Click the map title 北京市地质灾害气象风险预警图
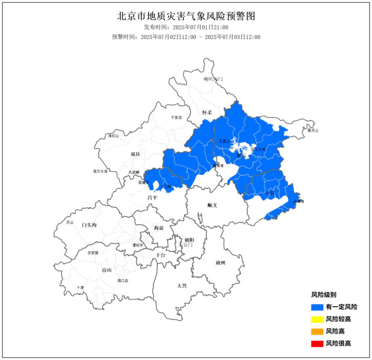click(186, 16)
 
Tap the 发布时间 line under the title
click(186, 27)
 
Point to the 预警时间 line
click(186, 37)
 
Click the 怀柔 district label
click(207, 112)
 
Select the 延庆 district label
click(135, 154)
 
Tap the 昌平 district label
click(152, 198)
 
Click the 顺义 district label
click(212, 205)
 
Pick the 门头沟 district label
click(89, 225)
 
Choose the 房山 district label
click(107, 270)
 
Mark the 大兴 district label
click(182, 286)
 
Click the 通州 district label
click(220, 263)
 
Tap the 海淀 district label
click(159, 228)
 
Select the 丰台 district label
click(160, 255)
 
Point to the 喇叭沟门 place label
click(213, 79)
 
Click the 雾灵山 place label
click(313, 131)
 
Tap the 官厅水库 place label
click(100, 171)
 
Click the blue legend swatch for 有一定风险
click(317, 307)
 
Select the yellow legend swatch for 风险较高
click(317, 320)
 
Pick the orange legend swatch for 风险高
click(317, 332)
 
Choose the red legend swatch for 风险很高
click(317, 344)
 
